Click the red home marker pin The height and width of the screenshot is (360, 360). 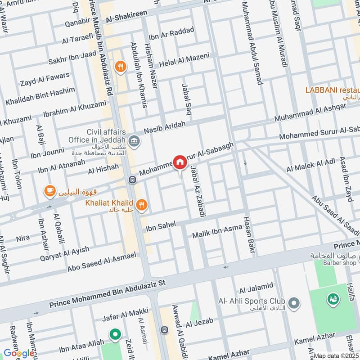pyautogui.click(x=180, y=162)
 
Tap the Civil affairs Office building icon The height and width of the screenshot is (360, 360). pyautogui.click(x=134, y=142)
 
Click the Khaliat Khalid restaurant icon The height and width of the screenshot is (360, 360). pyautogui.click(x=142, y=205)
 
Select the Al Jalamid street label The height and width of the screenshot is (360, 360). pyautogui.click(x=256, y=286)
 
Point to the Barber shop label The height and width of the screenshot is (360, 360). pyautogui.click(x=335, y=263)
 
